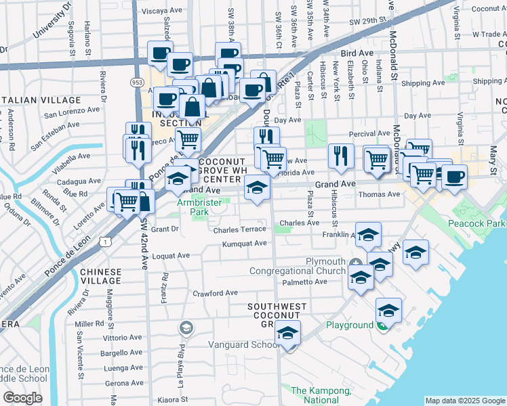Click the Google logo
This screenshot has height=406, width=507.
pyautogui.click(x=22, y=398)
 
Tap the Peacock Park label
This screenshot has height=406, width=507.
pyautogui.click(x=477, y=223)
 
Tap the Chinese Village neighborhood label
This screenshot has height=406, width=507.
pyautogui.click(x=101, y=276)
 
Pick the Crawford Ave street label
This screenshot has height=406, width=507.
pyautogui.click(x=216, y=293)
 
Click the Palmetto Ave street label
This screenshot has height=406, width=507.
pyautogui.click(x=305, y=281)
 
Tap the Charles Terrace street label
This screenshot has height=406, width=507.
pyautogui.click(x=240, y=230)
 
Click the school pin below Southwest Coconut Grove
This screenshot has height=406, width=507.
pyautogui.click(x=287, y=334)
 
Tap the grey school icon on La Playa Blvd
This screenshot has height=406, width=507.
pyautogui.click(x=185, y=329)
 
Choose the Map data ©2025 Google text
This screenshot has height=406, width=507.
pyautogui.click(x=465, y=401)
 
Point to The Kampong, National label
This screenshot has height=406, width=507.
pyautogui.click(x=321, y=395)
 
